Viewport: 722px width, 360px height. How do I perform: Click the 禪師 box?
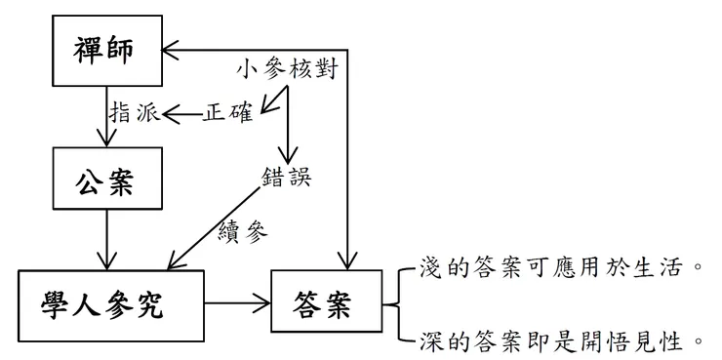point(107,52)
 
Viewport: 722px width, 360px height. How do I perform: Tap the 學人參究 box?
point(109,305)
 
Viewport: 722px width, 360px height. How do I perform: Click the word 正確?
point(227,113)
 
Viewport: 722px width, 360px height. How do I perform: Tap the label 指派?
point(134,113)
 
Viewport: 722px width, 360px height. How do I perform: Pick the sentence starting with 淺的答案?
point(559,265)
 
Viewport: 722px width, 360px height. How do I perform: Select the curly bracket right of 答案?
point(394,304)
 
